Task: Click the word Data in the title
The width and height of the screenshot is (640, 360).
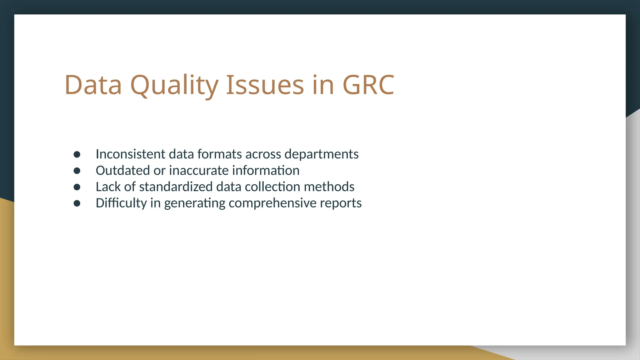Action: (93, 85)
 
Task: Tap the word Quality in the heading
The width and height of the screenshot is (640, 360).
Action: (174, 85)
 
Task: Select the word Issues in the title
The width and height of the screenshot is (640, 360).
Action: (265, 85)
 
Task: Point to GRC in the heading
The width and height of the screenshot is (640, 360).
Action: (368, 85)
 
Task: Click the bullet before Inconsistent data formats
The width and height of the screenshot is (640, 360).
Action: (77, 154)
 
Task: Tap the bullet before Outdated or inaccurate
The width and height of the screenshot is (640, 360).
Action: (77, 171)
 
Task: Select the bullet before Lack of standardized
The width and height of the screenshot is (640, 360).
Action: (77, 187)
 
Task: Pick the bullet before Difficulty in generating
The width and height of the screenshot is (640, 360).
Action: (77, 203)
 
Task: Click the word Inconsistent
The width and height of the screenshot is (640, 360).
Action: (130, 154)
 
